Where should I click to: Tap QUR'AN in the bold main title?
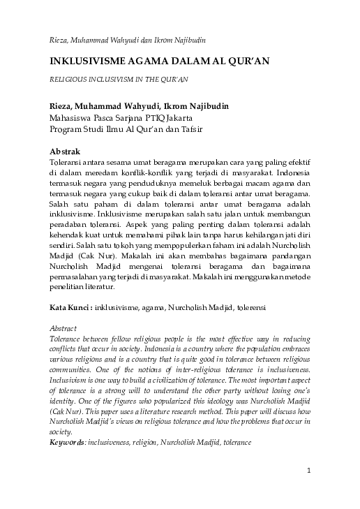click(x=247, y=61)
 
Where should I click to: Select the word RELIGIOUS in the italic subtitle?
click(x=68, y=80)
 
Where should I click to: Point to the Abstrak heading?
click(x=65, y=152)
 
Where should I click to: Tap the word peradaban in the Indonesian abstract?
click(x=68, y=226)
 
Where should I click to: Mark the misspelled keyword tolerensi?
click(x=247, y=307)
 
